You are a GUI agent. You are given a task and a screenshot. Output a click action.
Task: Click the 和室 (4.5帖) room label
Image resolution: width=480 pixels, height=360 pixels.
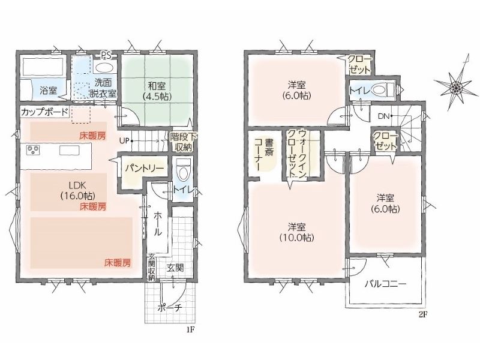[x=157, y=91]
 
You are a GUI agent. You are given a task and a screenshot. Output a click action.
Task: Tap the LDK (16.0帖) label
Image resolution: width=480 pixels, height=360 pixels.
[x=77, y=190]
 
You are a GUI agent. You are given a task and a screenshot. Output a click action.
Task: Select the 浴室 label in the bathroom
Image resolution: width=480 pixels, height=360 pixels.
[x=49, y=91]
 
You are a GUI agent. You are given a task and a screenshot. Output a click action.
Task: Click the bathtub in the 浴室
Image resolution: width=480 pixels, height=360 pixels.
[x=43, y=65]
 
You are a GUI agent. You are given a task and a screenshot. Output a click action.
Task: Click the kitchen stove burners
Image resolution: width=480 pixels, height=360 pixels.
[x=34, y=149]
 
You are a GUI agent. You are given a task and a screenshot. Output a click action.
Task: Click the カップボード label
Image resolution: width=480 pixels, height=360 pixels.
[x=44, y=112]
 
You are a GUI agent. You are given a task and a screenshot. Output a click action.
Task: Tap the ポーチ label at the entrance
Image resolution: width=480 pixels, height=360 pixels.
[x=170, y=308]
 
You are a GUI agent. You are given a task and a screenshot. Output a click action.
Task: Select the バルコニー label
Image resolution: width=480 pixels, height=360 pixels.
[x=385, y=284]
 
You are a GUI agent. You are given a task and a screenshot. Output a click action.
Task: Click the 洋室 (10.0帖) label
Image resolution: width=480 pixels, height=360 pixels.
[x=296, y=232]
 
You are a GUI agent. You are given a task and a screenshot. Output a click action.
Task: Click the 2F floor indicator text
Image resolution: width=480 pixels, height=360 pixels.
[x=422, y=314]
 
